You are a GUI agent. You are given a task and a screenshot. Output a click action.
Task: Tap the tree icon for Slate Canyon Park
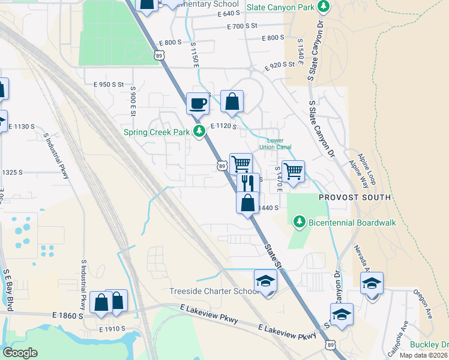(324, 7)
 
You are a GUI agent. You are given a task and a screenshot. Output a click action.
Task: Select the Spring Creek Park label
(157, 132)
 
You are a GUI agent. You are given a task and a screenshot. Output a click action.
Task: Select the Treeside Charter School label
(214, 292)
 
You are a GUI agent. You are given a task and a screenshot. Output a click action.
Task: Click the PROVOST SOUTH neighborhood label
(355, 197)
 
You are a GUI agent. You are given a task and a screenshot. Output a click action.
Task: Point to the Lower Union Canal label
(275, 144)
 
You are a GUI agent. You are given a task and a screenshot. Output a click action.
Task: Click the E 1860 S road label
(67, 314)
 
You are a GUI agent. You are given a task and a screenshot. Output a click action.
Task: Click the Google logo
(20, 353)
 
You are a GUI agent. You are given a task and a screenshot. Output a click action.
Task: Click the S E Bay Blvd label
(7, 290)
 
